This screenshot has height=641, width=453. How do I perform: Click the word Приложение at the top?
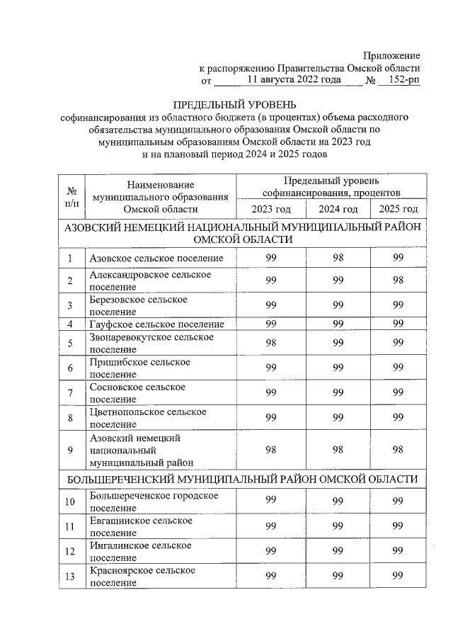click(x=391, y=55)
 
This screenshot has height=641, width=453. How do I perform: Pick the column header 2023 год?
click(x=270, y=209)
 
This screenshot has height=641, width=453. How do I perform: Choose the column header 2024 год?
click(x=338, y=209)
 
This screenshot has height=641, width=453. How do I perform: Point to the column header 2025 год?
click(x=398, y=209)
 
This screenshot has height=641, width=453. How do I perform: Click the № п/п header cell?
click(x=71, y=196)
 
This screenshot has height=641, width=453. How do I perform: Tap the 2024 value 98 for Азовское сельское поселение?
click(x=338, y=259)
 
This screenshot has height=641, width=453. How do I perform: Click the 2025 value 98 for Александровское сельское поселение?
click(x=398, y=280)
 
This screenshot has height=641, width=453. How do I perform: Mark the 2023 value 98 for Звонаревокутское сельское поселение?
click(x=270, y=343)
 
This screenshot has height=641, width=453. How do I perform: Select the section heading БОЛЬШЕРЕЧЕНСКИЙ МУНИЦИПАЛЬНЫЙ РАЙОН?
click(x=241, y=480)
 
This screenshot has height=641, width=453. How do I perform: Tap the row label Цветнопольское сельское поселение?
click(x=148, y=417)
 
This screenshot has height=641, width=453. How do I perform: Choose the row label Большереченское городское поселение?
click(x=154, y=501)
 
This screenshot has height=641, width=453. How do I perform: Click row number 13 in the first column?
click(x=71, y=576)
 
